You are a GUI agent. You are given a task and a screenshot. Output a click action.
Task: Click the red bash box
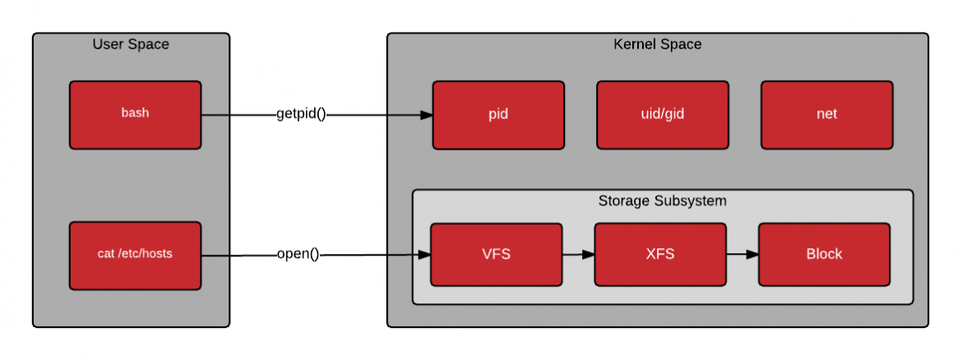[135, 114]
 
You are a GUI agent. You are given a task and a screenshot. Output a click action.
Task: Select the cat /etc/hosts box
[135, 255]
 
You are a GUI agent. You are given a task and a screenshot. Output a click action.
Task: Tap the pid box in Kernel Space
[498, 114]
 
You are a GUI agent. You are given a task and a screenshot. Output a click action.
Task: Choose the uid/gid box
[662, 114]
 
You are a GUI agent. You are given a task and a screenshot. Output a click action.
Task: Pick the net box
[826, 114]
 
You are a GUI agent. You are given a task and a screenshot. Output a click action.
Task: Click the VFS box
[496, 254]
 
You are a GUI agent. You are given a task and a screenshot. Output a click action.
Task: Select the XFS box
[660, 254]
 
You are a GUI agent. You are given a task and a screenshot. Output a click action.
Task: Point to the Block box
[824, 254]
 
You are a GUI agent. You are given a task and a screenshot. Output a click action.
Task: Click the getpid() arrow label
[301, 114]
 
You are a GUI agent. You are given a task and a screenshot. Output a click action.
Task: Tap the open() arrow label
[298, 254]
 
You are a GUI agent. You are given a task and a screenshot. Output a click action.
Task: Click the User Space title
[131, 44]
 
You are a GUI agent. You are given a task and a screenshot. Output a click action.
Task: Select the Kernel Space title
[658, 44]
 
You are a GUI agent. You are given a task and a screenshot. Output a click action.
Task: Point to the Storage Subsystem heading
[662, 201]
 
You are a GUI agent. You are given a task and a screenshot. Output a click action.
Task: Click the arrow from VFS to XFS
[578, 255]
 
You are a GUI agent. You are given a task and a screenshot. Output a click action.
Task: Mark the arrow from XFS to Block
[742, 255]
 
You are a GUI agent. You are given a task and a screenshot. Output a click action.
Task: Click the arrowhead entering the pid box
[426, 115]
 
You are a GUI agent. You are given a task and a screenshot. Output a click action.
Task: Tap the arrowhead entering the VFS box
[424, 255]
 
